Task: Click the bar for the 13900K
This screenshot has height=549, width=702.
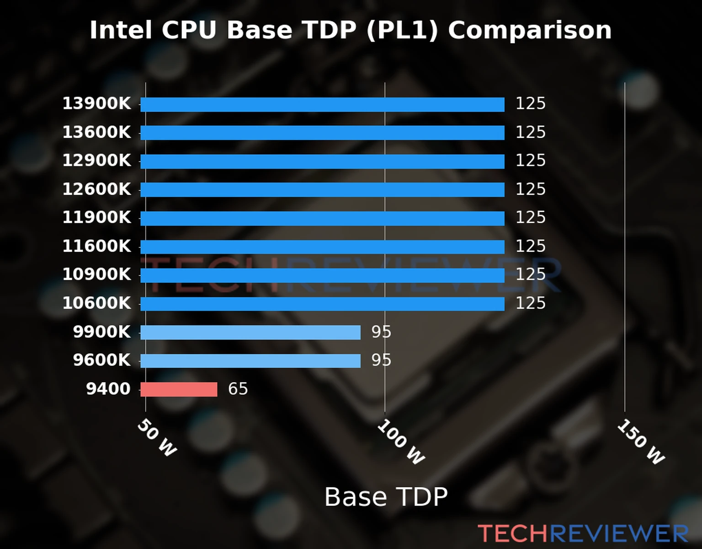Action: [x=322, y=104]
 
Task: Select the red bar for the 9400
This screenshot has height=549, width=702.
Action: [x=179, y=389]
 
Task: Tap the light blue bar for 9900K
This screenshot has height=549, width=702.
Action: [x=250, y=332]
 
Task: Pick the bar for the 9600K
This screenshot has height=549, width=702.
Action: [x=250, y=361]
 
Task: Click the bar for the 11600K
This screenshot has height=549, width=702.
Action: [x=322, y=247]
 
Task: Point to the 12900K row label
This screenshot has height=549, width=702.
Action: [x=96, y=161]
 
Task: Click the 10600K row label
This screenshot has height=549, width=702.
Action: [x=96, y=303]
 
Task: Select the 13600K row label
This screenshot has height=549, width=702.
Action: [x=96, y=132]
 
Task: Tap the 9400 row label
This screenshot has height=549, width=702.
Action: [x=108, y=389]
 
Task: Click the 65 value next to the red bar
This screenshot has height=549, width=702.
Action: [x=238, y=389]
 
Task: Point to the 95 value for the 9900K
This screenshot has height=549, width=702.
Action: [x=381, y=332]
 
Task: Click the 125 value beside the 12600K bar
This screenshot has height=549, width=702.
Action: [x=530, y=189]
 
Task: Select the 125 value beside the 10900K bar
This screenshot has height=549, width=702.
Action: [x=530, y=274]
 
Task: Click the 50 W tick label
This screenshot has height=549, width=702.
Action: [x=157, y=438]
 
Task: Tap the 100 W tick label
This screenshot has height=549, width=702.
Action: [x=401, y=442]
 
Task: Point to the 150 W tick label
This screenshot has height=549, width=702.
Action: [x=641, y=442]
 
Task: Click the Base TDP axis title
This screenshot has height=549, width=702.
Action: [x=386, y=497]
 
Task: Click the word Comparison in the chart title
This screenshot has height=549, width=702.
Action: [x=529, y=31]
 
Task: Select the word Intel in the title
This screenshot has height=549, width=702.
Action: [x=121, y=31]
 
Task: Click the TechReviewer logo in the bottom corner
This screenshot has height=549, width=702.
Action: [x=583, y=533]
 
